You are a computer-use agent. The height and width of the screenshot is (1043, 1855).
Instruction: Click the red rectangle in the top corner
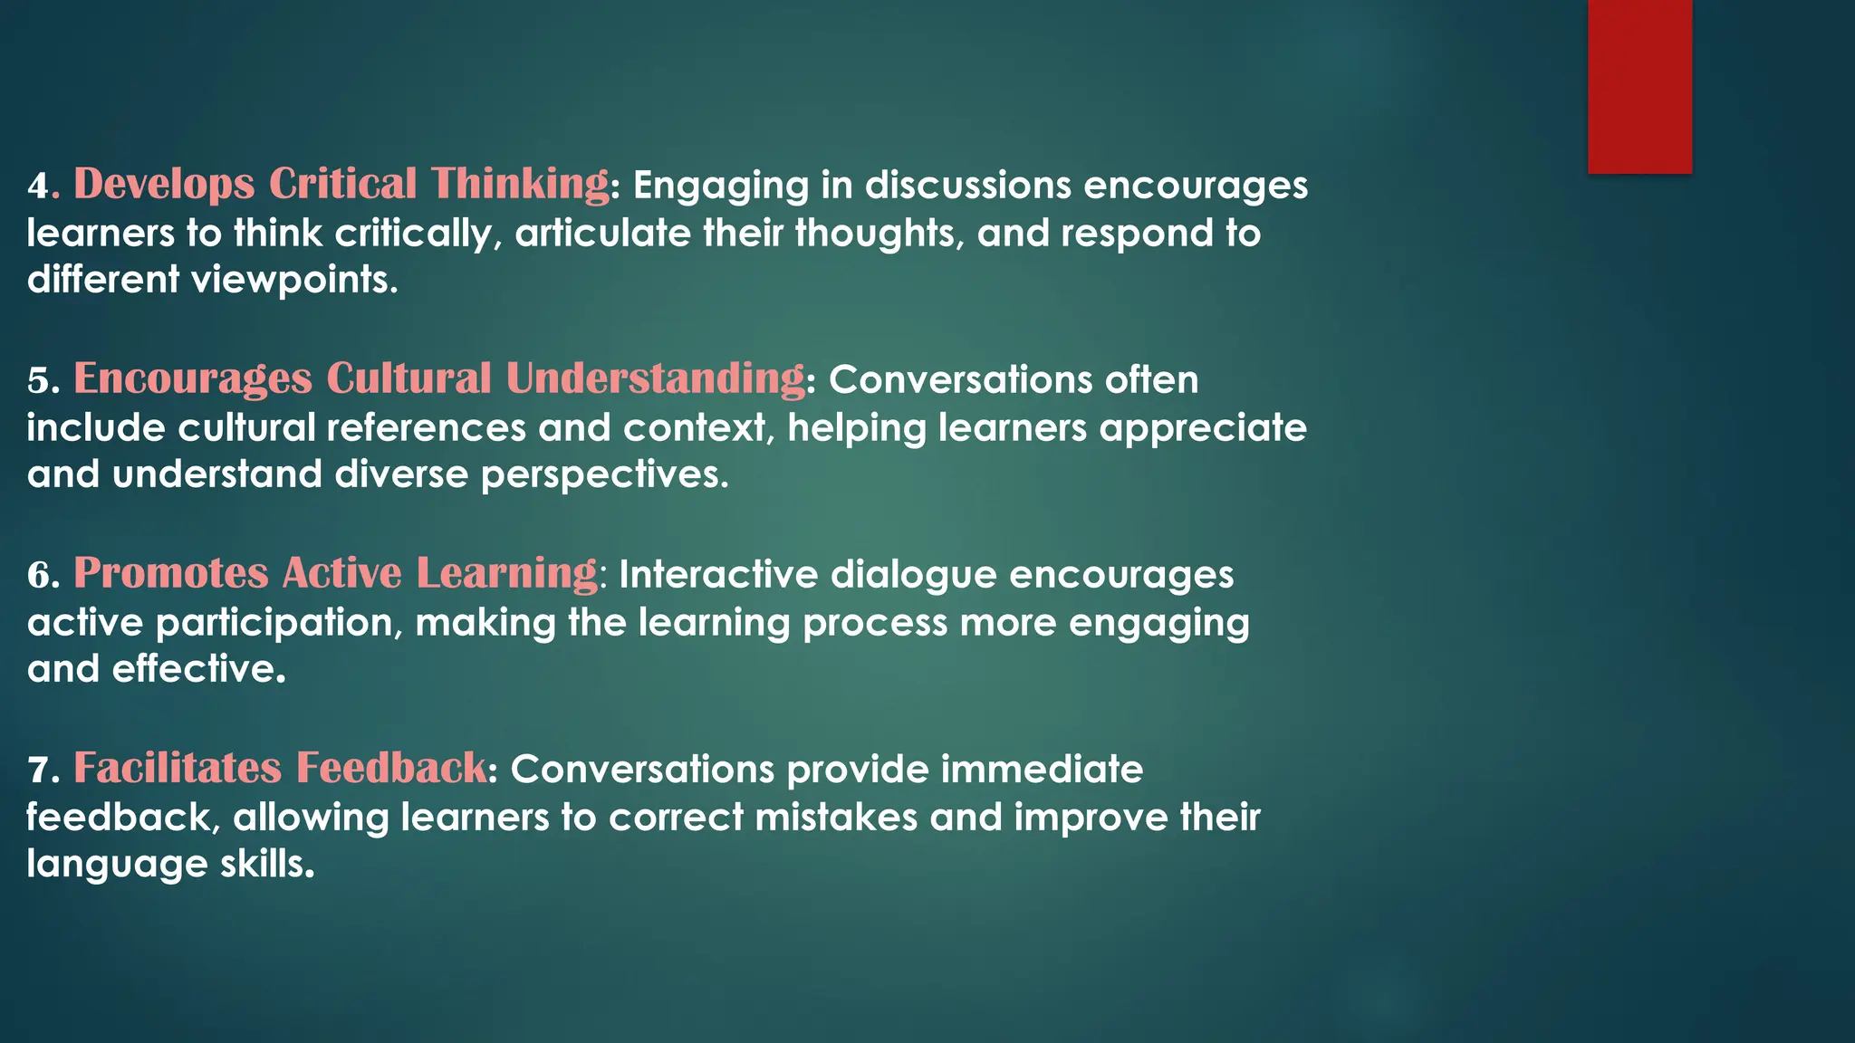[x=1639, y=86]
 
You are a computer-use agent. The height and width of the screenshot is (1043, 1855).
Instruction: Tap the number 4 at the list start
[x=38, y=186]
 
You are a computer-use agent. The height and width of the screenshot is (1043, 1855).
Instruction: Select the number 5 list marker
[x=38, y=380]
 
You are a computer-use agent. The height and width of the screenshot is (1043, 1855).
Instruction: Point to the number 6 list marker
[x=38, y=575]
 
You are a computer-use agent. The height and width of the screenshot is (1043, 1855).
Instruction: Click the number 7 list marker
[x=38, y=770]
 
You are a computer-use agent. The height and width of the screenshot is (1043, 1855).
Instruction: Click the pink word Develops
[x=164, y=184]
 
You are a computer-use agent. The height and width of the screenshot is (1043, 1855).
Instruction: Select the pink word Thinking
[x=520, y=184]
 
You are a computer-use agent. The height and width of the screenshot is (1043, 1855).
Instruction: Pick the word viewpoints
[x=293, y=280]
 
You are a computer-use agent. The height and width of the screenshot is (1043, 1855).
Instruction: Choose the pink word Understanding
[x=655, y=378]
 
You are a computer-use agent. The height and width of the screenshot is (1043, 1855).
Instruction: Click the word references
[x=426, y=427]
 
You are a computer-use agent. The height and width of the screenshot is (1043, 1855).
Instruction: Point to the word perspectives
[x=603, y=474]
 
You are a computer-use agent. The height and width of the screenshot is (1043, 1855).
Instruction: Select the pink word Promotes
[x=171, y=573]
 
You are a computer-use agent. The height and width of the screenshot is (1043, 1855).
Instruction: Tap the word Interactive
[x=718, y=575]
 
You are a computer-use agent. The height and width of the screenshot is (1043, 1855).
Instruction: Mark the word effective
[x=198, y=669]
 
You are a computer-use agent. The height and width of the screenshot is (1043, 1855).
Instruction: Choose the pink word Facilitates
[x=178, y=768]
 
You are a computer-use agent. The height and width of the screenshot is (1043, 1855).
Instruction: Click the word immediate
[x=1042, y=770]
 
